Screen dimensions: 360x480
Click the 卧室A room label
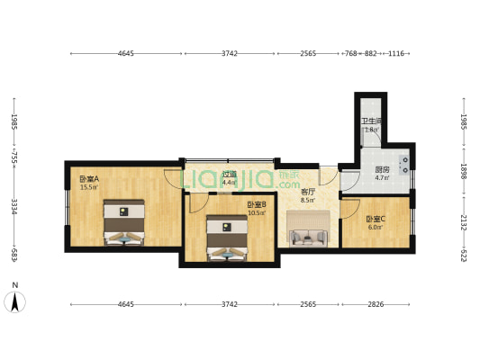88,178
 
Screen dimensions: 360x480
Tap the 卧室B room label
256,204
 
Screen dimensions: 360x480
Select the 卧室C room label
376,219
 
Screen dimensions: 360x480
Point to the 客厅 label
308,192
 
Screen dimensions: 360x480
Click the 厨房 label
382,169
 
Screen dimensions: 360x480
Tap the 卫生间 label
370,121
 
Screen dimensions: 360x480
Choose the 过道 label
230,175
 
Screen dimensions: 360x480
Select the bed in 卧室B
224,238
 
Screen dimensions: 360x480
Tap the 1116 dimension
395,54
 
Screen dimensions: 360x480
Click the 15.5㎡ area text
88,187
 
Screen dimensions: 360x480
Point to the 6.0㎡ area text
376,228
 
